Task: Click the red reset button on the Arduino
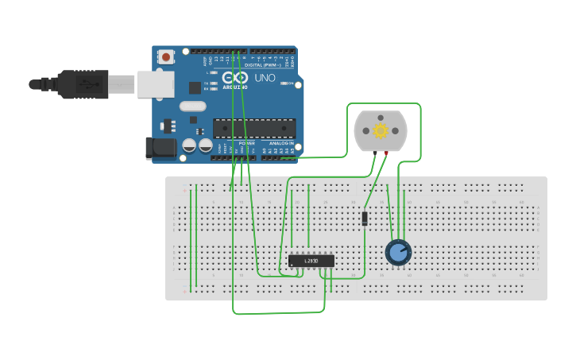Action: [165, 57]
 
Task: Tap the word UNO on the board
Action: [265, 78]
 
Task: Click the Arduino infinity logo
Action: [235, 78]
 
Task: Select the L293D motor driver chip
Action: [311, 261]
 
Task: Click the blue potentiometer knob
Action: [398, 252]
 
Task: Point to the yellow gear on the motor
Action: [381, 131]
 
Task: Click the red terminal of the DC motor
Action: [387, 153]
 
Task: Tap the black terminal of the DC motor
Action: [374, 153]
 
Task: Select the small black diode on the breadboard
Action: [365, 218]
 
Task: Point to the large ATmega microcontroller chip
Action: [254, 128]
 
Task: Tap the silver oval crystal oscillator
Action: [192, 106]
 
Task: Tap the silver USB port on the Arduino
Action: [155, 83]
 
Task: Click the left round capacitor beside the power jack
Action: [189, 145]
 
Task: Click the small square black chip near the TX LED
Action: [195, 87]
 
